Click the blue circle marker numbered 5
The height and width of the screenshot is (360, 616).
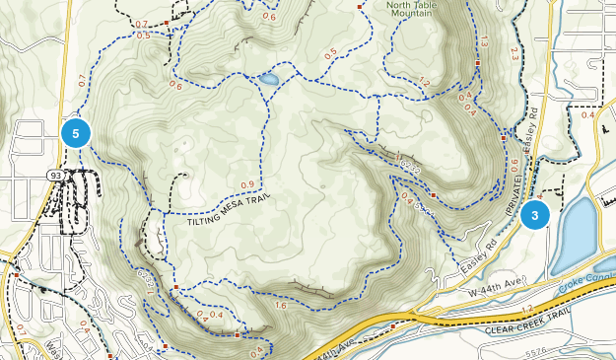tap(76, 131)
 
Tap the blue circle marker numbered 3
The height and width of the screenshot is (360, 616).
tap(535, 214)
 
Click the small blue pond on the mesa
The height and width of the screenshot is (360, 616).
tap(267, 78)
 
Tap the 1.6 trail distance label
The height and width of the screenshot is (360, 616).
tap(282, 307)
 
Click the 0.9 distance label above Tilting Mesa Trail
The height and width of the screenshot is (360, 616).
tap(246, 185)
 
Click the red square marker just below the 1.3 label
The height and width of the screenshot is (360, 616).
tap(478, 62)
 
